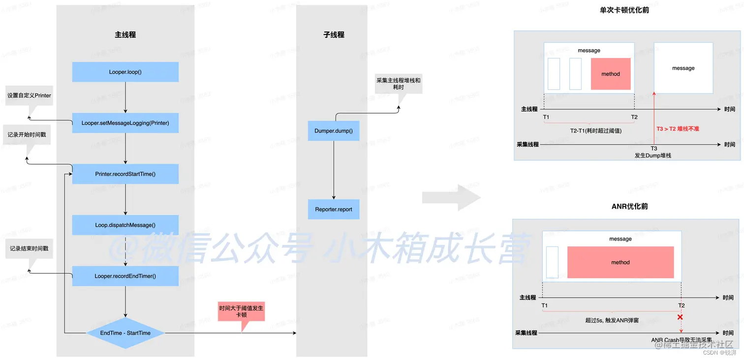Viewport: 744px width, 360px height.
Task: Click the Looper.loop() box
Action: click(x=125, y=72)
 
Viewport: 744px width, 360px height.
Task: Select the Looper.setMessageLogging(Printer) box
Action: click(x=125, y=123)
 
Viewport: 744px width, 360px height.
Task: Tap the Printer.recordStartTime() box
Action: click(x=125, y=174)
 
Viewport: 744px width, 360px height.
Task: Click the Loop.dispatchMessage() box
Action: click(x=125, y=225)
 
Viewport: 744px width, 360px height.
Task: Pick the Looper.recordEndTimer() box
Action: click(x=125, y=276)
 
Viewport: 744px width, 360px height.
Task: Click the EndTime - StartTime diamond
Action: click(x=125, y=333)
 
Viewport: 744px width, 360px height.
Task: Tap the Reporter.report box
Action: click(x=334, y=209)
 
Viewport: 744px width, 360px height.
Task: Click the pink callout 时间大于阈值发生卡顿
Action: click(x=241, y=311)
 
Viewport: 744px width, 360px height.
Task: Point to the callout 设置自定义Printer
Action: click(x=29, y=95)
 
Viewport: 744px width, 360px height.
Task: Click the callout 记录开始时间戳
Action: click(x=27, y=134)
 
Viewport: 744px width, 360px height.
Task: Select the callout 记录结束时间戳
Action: click(x=29, y=249)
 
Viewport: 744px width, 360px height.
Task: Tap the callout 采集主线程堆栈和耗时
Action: click(x=398, y=84)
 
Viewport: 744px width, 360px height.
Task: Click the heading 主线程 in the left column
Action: click(x=125, y=35)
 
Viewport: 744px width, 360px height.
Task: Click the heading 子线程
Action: click(x=334, y=35)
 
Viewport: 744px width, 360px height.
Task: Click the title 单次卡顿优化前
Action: click(x=624, y=10)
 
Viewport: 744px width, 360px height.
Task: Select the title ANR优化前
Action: click(x=629, y=206)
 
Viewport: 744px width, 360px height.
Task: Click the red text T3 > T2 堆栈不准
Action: click(x=678, y=129)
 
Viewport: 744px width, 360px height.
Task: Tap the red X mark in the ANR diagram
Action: click(x=680, y=317)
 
